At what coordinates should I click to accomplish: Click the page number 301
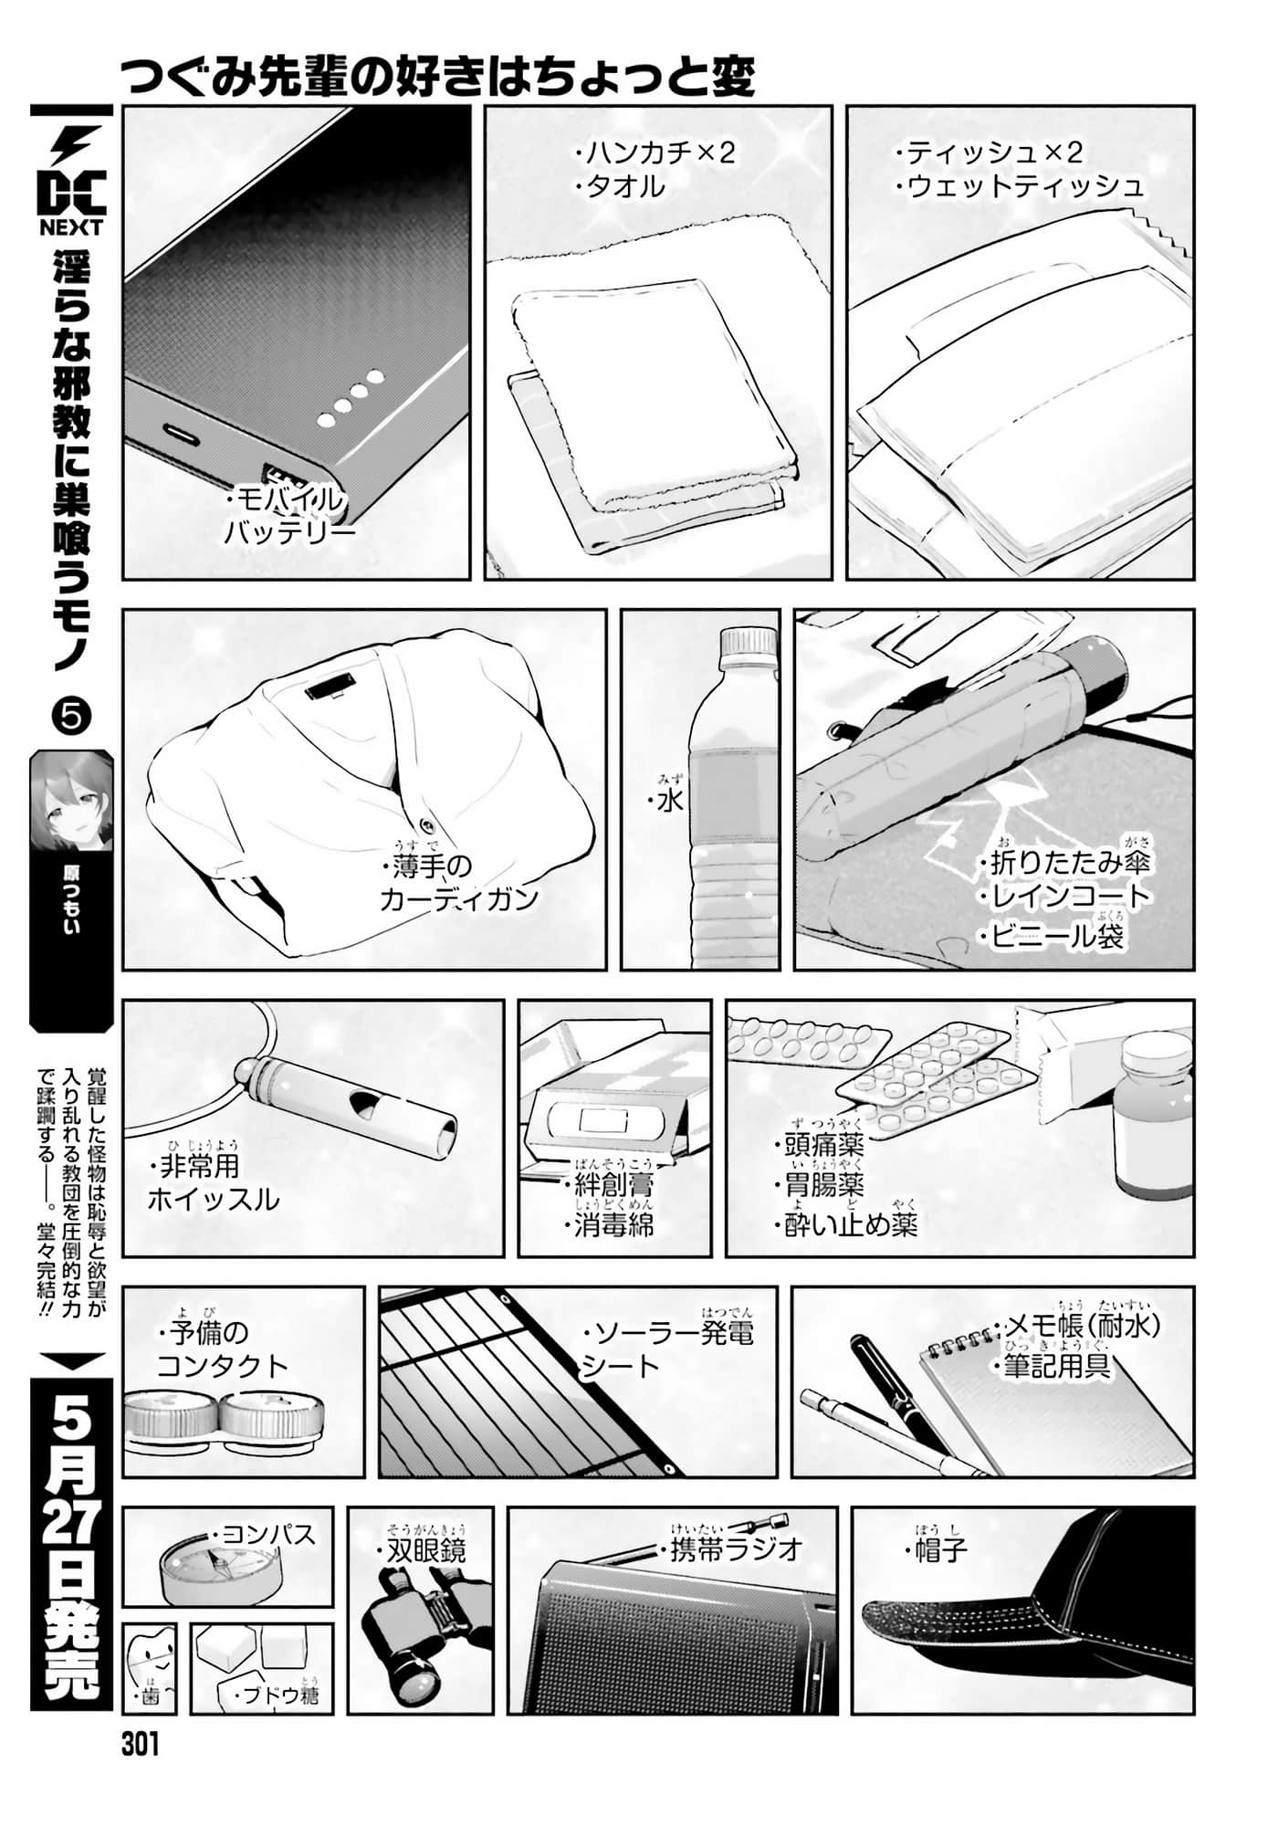140,1745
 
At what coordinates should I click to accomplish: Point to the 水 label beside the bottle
672,801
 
